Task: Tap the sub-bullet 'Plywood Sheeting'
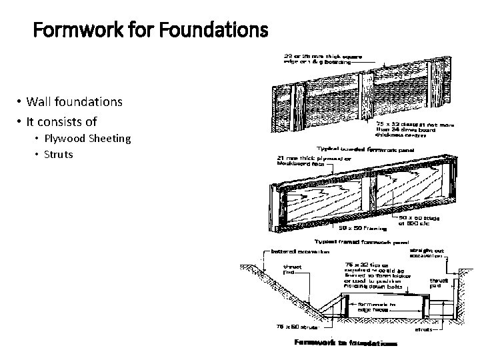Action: pyautogui.click(x=87, y=139)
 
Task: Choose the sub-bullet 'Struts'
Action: pyautogui.click(x=59, y=154)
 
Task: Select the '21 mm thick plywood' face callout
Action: pyautogui.click(x=299, y=161)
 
